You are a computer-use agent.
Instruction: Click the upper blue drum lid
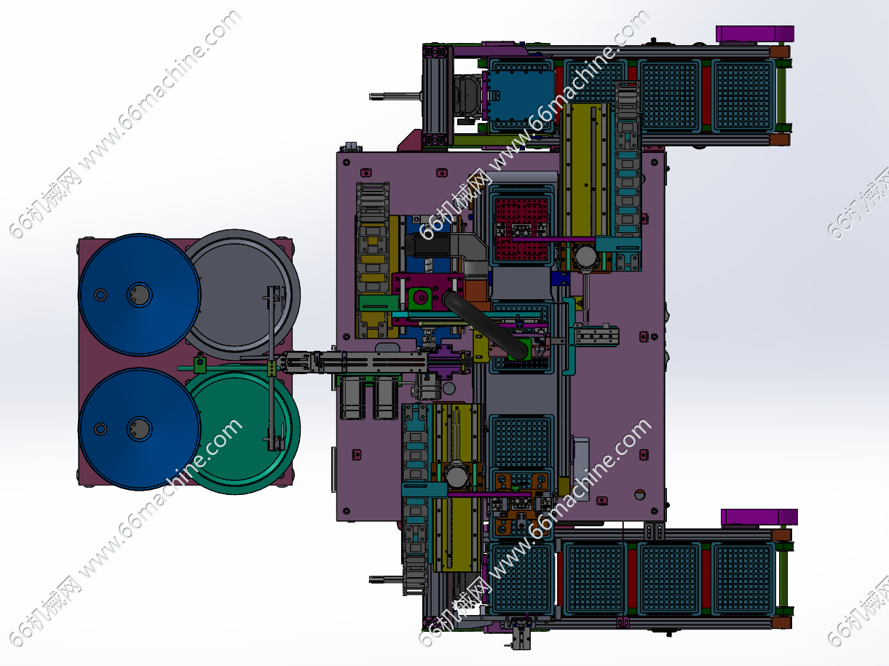coord(139,294)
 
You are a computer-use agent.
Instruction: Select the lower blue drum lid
coord(139,429)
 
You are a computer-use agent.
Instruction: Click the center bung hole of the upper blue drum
coord(139,295)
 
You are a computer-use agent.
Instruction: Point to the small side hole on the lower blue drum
coord(100,429)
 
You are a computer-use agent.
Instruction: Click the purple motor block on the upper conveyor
coord(755,33)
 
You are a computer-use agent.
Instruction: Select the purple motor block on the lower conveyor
coord(759,518)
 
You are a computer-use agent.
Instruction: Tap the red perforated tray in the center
coord(521,229)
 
